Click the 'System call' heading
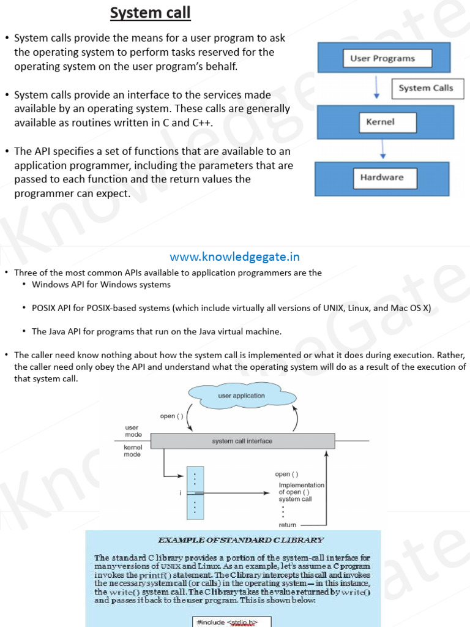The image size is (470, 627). coord(150,13)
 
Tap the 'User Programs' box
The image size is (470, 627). coord(382,59)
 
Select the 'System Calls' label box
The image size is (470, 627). coord(426,88)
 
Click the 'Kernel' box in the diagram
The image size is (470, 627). coord(380,122)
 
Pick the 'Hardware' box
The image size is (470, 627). coord(381,178)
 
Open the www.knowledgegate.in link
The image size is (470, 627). coord(234,257)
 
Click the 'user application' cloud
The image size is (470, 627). coord(242,396)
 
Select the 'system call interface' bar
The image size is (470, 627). coord(242,441)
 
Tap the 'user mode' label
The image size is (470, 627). coord(133,431)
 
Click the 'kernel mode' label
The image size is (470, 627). coord(133,451)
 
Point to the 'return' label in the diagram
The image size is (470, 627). coord(288,525)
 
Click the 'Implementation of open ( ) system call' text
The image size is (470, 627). coord(301,492)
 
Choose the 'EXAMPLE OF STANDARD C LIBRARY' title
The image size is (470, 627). coord(241,540)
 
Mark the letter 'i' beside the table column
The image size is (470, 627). coord(181,492)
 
